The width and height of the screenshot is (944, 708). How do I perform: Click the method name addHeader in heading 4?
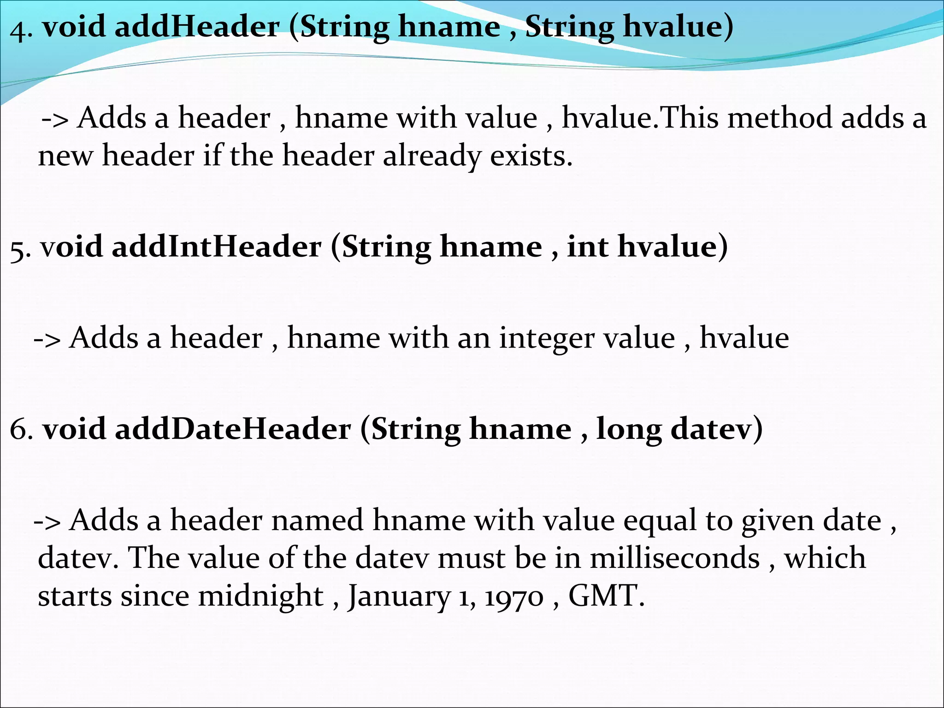coord(197,26)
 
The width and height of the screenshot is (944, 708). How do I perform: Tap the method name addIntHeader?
coord(217,247)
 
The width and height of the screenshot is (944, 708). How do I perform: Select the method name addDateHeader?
coord(233,429)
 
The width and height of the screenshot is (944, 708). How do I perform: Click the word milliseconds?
coord(675,558)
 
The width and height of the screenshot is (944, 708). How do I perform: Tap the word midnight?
coord(261,596)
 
